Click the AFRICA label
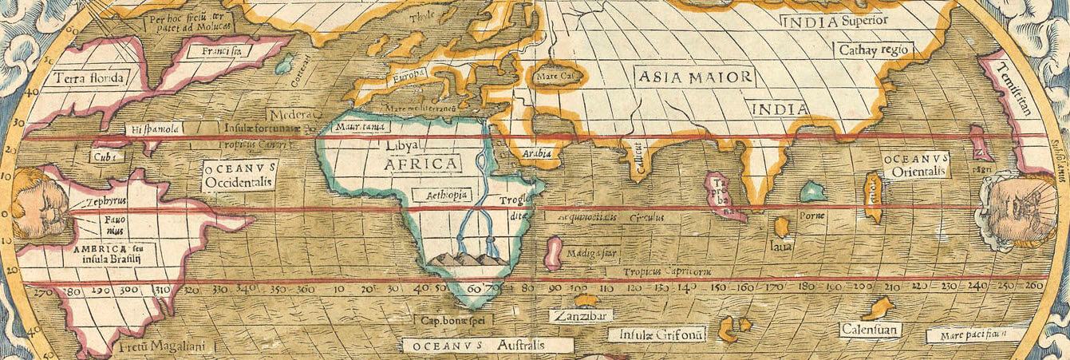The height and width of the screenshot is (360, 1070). tap(423, 164)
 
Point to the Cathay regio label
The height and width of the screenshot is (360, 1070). tap(873, 50)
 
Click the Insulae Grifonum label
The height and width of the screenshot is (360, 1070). tap(657, 335)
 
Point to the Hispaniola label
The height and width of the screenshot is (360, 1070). tap(155, 129)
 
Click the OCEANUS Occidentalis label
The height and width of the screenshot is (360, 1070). tap(239, 176)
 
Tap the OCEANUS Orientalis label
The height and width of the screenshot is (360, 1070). tap(915, 165)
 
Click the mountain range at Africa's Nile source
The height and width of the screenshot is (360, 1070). tap(463, 259)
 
